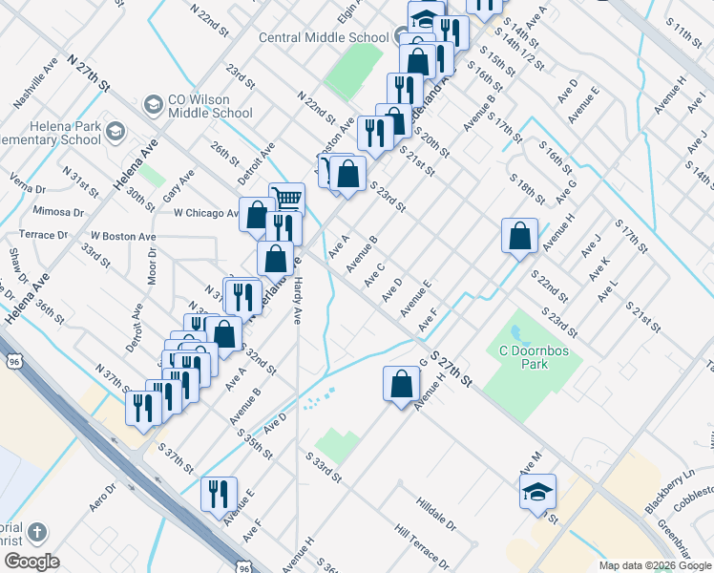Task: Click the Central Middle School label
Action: click(323, 38)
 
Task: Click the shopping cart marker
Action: click(286, 200)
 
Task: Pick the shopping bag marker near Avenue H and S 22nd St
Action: click(518, 236)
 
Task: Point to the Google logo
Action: click(31, 561)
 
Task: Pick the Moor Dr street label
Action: click(152, 271)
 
